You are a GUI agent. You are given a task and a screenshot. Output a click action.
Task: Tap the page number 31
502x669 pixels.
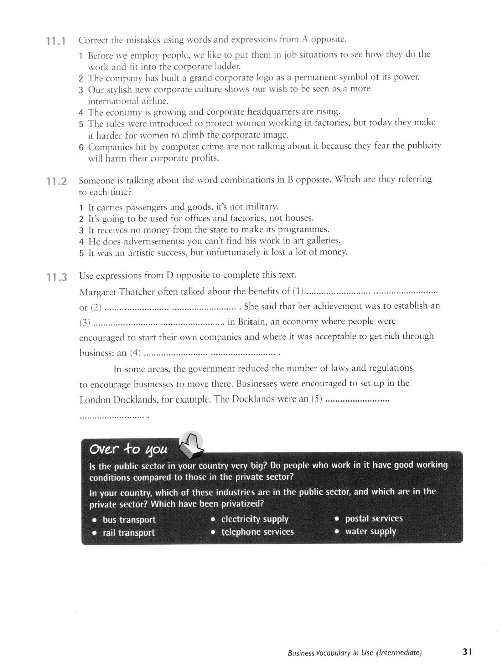coord(467,652)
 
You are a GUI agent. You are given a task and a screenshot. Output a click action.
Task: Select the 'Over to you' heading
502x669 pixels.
coord(129,448)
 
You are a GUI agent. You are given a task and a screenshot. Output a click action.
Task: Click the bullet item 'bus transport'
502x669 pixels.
coord(129,520)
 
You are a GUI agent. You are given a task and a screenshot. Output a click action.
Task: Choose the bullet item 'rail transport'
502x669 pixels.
coord(129,533)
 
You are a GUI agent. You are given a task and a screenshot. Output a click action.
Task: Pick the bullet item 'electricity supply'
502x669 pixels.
coord(255,519)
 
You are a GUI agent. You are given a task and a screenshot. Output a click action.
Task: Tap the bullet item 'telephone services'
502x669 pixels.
coord(257,532)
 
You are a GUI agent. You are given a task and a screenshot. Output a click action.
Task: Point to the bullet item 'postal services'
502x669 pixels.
coord(373,518)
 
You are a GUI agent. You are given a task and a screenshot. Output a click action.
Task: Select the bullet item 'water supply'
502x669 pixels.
coord(370,531)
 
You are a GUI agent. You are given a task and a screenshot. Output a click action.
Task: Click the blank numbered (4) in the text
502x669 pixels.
coord(209,353)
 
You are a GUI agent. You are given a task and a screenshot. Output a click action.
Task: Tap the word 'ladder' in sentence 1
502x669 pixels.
coord(230,66)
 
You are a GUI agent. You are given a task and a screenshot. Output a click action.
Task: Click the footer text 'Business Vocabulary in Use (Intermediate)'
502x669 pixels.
coord(354,653)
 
